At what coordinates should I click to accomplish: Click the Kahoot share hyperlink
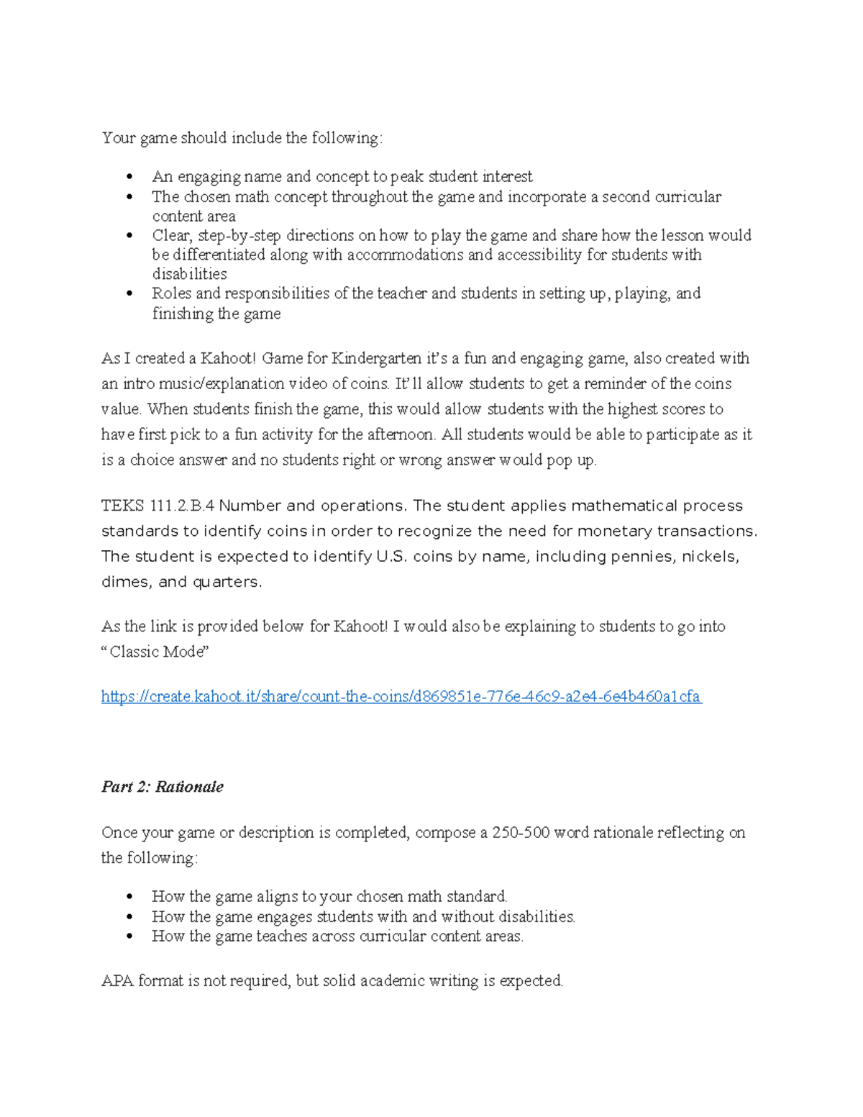pos(401,696)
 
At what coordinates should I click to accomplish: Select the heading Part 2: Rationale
pos(162,787)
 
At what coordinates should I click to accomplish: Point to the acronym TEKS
pos(123,506)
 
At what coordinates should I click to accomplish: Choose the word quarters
pos(227,582)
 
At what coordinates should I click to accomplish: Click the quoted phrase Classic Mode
pos(156,652)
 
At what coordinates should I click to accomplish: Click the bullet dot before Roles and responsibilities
pos(129,293)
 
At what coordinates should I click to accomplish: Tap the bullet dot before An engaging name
pos(129,177)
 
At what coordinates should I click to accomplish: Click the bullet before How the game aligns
pos(129,897)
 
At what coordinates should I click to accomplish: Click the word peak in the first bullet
pos(407,177)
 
